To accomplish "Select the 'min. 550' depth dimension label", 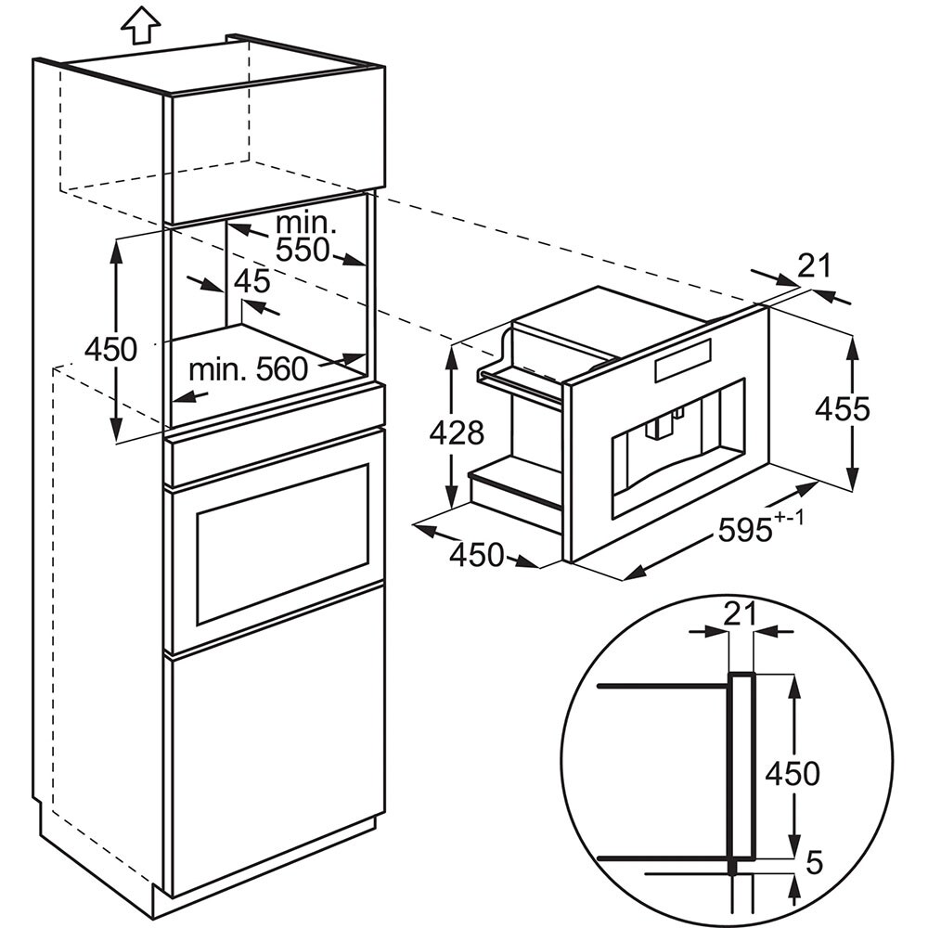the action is pyautogui.click(x=304, y=237).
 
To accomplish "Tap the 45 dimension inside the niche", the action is pyautogui.click(x=252, y=282).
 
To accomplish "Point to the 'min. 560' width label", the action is pyautogui.click(x=249, y=370).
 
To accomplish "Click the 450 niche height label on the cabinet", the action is pyautogui.click(x=110, y=349).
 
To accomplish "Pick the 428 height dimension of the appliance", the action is pyautogui.click(x=457, y=432).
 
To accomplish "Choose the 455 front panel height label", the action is pyautogui.click(x=843, y=408).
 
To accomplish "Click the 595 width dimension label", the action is pyautogui.click(x=745, y=529).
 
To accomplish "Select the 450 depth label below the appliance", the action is pyautogui.click(x=476, y=555).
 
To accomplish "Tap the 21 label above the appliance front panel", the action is pyautogui.click(x=815, y=265).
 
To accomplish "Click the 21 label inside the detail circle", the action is pyautogui.click(x=741, y=614).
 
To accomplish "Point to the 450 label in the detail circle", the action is pyautogui.click(x=793, y=773).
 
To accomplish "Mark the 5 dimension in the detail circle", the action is pyautogui.click(x=815, y=863).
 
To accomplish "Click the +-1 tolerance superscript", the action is pyautogui.click(x=790, y=517).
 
